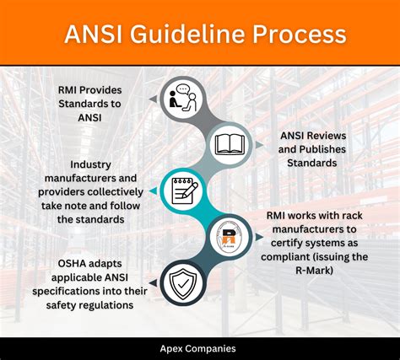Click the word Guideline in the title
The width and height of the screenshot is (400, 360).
tap(188, 35)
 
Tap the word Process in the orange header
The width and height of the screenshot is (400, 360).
tap(299, 35)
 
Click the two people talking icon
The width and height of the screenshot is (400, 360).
tap(182, 98)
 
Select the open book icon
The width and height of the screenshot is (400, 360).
tap(230, 145)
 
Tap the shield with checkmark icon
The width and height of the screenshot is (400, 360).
tap(183, 283)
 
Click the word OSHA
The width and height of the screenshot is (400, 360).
tap(72, 264)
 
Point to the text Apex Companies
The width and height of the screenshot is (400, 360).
tap(197, 349)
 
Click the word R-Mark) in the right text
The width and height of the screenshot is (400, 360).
tap(314, 271)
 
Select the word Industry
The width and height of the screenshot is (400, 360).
tap(90, 164)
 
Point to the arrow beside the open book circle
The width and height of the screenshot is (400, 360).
tap(259, 145)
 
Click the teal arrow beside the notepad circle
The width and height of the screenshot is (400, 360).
tap(153, 191)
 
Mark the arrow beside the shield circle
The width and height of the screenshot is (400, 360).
tap(153, 283)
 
